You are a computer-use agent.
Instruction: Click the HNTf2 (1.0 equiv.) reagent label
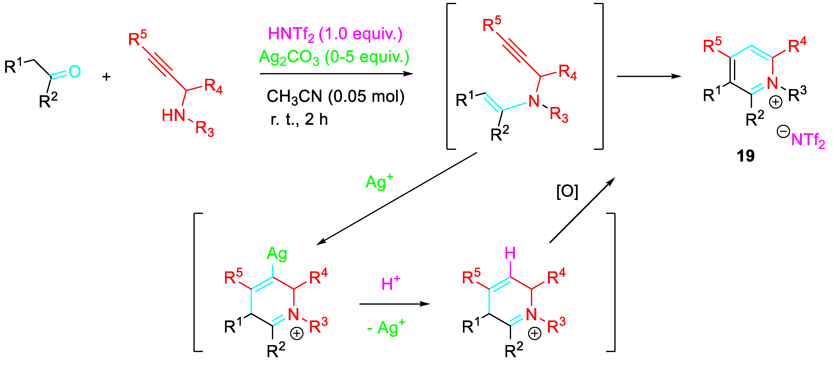coord(335,34)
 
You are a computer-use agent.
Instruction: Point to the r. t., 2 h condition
coord(299,119)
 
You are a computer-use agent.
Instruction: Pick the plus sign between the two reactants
coord(106,77)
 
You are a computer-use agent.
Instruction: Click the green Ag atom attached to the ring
coord(277,254)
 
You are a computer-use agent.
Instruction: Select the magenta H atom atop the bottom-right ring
coord(510,253)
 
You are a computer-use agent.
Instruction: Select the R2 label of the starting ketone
coord(48,101)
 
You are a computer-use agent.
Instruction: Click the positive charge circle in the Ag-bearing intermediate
coord(297,333)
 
